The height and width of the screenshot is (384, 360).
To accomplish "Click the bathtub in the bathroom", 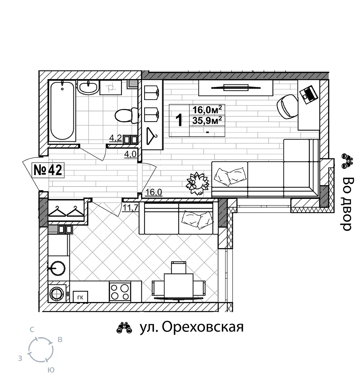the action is click(x=62, y=111).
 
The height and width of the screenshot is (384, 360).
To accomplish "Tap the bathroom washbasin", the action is click(x=88, y=87).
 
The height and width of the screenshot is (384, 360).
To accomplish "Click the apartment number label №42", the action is click(x=48, y=170).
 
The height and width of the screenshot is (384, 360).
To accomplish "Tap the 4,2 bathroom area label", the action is click(x=115, y=138).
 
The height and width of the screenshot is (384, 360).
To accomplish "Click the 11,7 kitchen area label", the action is click(x=131, y=208).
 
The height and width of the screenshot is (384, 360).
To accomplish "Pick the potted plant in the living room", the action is click(x=197, y=183).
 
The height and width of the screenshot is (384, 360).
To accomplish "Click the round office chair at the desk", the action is click(x=287, y=107).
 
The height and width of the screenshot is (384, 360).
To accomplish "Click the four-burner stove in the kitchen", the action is click(x=120, y=292).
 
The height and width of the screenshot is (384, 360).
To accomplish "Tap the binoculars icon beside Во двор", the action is click(x=347, y=161).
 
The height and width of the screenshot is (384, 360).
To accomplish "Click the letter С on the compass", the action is click(x=32, y=330).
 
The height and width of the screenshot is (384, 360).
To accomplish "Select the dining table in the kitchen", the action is click(x=178, y=286).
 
